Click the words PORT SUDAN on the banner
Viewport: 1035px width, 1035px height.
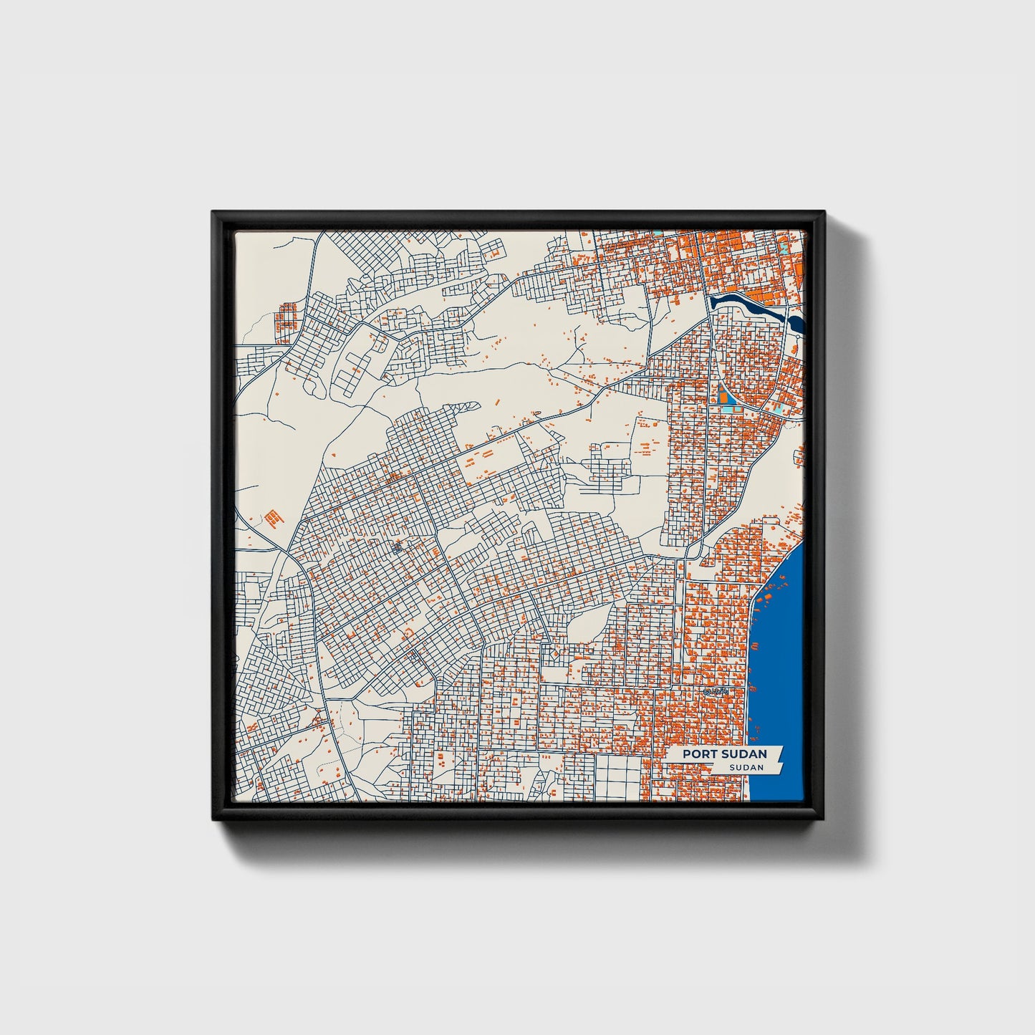click(x=724, y=754)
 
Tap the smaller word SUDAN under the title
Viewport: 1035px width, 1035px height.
click(x=746, y=767)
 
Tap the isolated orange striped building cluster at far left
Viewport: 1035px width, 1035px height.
click(x=272, y=516)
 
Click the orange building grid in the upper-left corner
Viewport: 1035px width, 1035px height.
click(x=287, y=315)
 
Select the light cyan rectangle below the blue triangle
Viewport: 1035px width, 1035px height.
click(x=728, y=409)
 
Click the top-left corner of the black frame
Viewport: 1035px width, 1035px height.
click(x=213, y=212)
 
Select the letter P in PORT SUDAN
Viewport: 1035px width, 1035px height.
click(x=686, y=754)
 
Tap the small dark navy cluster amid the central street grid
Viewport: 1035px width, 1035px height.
click(x=398, y=549)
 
